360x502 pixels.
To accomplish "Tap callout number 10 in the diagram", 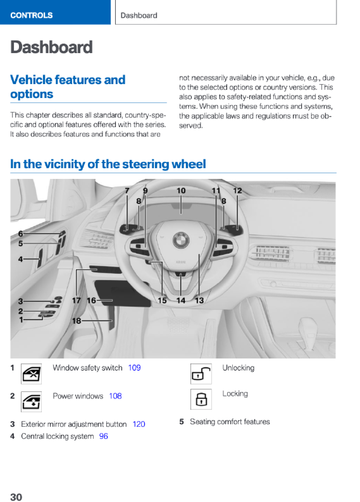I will tap(181, 191).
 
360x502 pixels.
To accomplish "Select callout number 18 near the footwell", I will tap(77, 321).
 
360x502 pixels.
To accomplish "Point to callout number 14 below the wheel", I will tap(181, 300).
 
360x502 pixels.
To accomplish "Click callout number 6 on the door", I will tap(21, 234).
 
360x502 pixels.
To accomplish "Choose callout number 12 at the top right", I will tap(237, 191).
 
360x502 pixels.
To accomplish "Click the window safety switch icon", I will tap(31, 374).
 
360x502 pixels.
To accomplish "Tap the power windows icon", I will tap(31, 402).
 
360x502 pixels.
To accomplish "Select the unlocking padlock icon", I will tap(201, 374).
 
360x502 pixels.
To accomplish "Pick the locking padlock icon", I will tap(201, 399).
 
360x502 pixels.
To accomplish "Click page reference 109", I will tap(134, 368).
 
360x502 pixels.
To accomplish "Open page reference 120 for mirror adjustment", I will tap(139, 424).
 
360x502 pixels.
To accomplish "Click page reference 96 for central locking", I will tap(103, 436).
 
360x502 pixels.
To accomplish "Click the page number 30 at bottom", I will tap(16, 497).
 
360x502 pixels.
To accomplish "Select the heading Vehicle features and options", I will tap(68, 87).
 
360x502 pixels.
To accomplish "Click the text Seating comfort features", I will tap(230, 422).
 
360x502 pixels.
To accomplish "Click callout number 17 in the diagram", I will tap(76, 300).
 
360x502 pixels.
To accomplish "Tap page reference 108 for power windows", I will tap(115, 396).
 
